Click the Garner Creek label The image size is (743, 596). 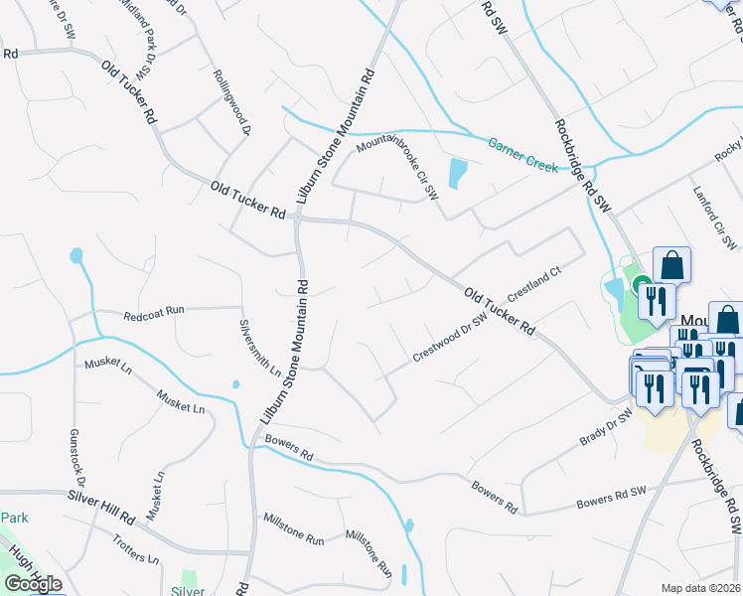point(522,154)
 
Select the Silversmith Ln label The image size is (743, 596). point(260,348)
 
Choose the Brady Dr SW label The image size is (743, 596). point(606,427)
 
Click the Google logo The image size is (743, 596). point(33,584)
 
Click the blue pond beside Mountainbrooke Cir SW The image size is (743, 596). point(456,174)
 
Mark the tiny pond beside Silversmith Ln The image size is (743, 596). point(235,384)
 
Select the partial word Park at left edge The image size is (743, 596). point(14,519)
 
